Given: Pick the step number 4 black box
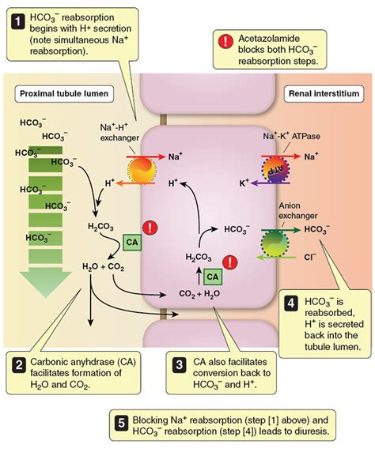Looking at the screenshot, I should (x=290, y=301).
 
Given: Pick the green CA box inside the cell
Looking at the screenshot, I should (x=211, y=277).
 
